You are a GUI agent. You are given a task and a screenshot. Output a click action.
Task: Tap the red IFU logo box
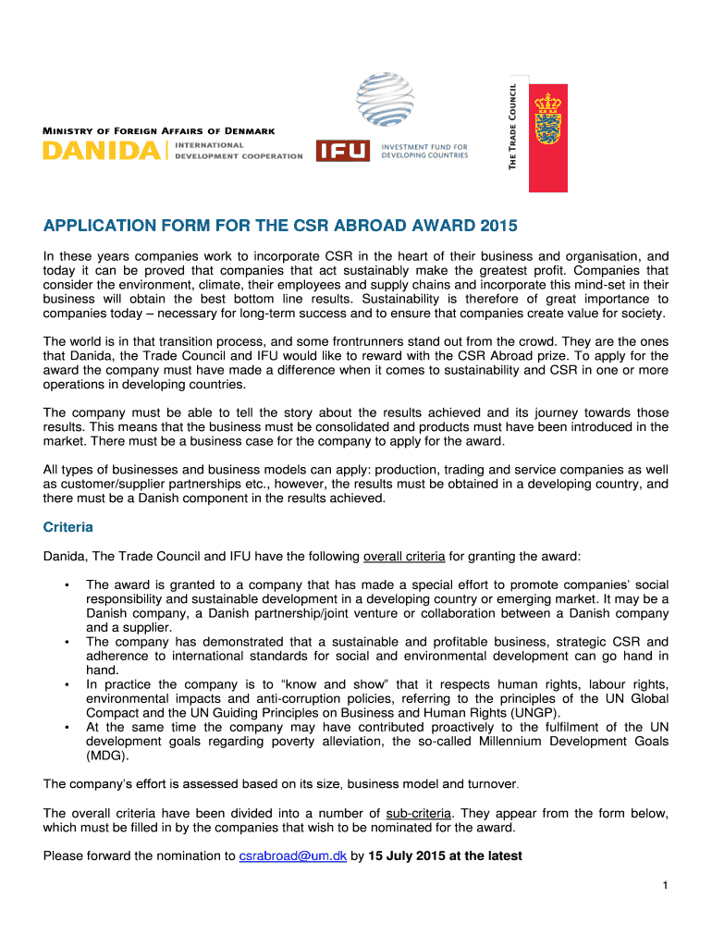342,151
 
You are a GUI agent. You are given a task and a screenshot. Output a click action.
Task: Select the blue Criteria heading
68,527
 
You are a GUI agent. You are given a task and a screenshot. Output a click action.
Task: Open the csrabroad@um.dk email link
292,855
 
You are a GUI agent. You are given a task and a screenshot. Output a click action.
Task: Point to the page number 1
664,886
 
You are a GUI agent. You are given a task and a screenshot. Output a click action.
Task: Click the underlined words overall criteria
404,556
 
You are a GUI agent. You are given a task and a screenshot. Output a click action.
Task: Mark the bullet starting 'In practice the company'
67,684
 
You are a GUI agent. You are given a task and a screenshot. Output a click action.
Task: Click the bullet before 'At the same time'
67,727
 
